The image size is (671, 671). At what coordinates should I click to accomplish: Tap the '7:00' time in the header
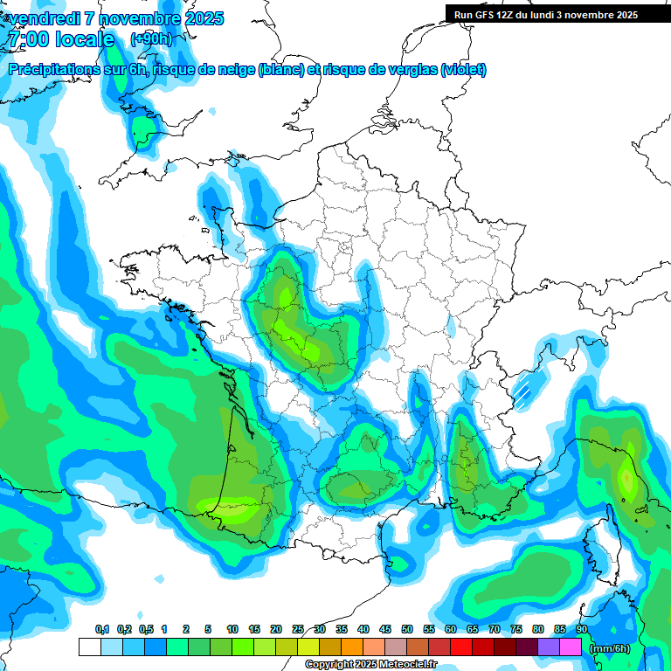[x=24, y=39]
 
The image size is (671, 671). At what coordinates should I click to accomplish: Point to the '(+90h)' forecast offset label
[x=151, y=39]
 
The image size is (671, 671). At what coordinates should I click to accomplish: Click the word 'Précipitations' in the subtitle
[x=55, y=70]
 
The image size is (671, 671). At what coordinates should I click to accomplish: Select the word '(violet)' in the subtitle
[x=463, y=70]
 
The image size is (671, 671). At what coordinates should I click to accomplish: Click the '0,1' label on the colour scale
[x=102, y=630]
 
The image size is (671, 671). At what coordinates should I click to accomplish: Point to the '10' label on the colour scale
[x=232, y=630]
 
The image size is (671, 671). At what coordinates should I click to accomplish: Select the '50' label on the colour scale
[x=407, y=630]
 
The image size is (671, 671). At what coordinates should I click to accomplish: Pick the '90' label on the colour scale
[x=582, y=630]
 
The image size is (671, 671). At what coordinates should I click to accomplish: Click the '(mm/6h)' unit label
[x=610, y=648]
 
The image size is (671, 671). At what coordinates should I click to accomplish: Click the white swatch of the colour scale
[x=89, y=647]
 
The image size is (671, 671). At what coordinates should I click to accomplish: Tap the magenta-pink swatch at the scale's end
[x=571, y=647]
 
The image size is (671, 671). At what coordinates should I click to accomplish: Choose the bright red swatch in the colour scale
[x=461, y=647]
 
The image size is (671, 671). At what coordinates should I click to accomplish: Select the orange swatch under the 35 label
[x=352, y=647]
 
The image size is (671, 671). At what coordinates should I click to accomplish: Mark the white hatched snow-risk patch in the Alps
[x=526, y=385]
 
